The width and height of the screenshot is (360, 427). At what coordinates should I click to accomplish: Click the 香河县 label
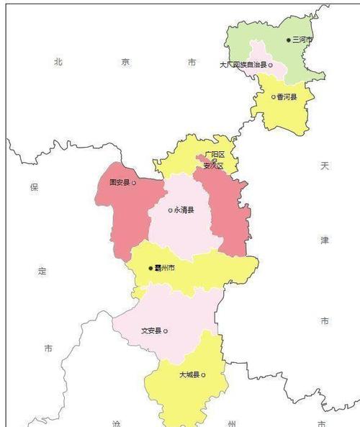coord(287,96)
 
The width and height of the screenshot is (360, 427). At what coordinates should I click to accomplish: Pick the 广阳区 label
coord(214,155)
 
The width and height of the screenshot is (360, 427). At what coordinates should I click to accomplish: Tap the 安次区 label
coord(214,166)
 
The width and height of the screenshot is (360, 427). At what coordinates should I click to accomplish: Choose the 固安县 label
coord(119,183)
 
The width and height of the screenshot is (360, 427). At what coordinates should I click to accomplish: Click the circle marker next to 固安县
coord(134,183)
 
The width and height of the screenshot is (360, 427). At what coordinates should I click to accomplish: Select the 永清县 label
coord(184,210)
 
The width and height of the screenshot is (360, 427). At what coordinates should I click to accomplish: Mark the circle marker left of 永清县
coord(170,210)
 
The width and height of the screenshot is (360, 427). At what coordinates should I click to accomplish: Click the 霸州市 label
coord(164,268)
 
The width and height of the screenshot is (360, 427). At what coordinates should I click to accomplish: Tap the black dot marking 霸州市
coord(150,268)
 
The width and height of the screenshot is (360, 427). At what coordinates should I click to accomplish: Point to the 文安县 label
coord(151,331)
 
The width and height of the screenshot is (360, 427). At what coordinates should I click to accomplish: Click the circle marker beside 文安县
coord(166,331)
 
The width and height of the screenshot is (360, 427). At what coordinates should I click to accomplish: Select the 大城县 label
coord(189,375)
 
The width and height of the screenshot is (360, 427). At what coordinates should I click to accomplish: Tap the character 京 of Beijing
coord(125,63)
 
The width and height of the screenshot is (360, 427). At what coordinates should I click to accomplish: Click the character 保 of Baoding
coord(33,187)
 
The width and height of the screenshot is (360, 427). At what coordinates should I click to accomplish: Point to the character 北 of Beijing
coord(58,63)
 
